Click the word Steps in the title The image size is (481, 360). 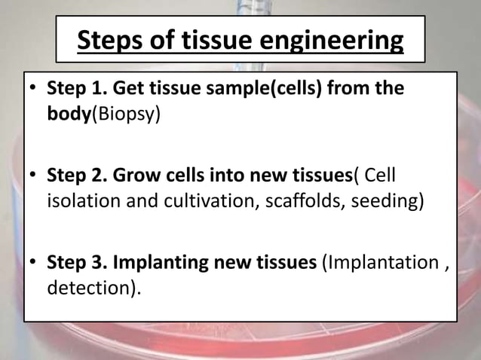tap(113, 40)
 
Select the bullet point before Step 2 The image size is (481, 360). tap(33, 178)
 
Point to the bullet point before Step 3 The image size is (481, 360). tap(33, 264)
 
